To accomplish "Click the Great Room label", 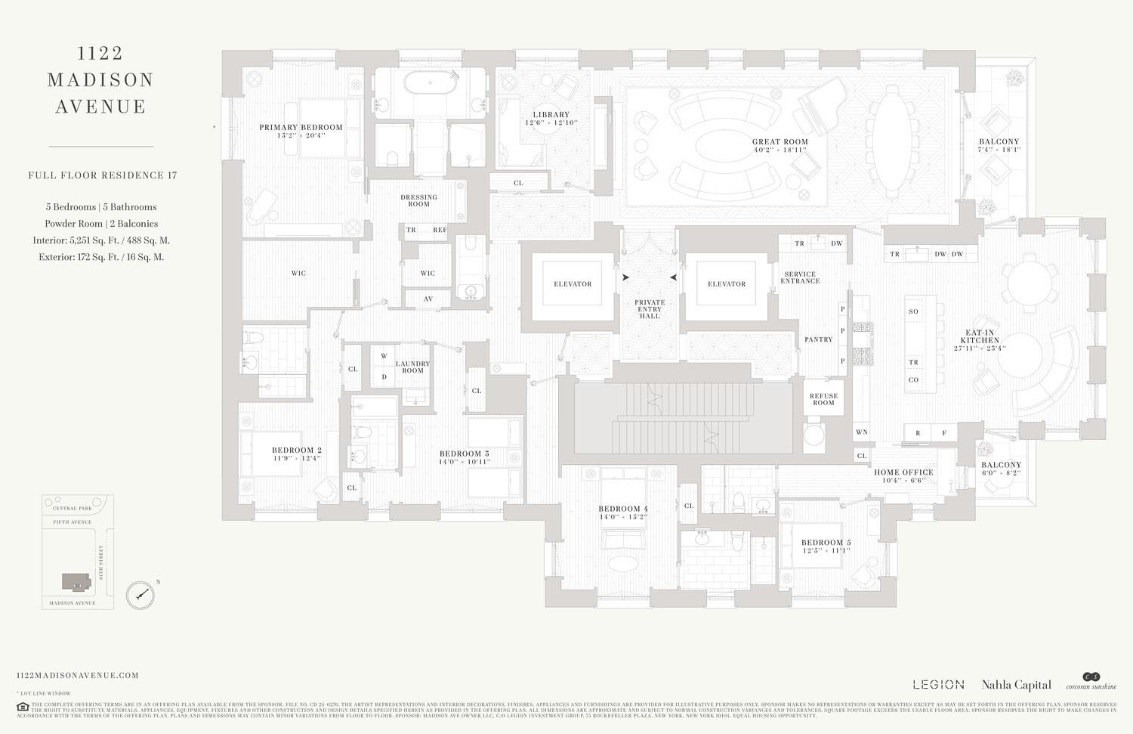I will pyautogui.click(x=780, y=142).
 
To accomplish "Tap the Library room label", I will pyautogui.click(x=551, y=115).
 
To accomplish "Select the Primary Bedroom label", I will pyautogui.click(x=301, y=128).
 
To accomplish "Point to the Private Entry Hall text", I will pyautogui.click(x=650, y=308).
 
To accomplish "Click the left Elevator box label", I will pyautogui.click(x=573, y=284).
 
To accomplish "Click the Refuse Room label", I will pyautogui.click(x=823, y=399).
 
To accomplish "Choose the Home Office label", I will pyautogui.click(x=903, y=472).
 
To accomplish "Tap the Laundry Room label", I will pyautogui.click(x=412, y=367).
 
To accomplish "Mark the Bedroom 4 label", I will pyautogui.click(x=623, y=509).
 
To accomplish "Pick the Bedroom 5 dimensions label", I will pyautogui.click(x=826, y=551).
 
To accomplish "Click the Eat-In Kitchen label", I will pyautogui.click(x=980, y=336).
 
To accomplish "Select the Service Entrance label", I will pyautogui.click(x=800, y=277).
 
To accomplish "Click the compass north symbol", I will pyautogui.click(x=140, y=595).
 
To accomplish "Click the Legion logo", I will pyautogui.click(x=938, y=685).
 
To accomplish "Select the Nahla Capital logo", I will pyautogui.click(x=1016, y=685).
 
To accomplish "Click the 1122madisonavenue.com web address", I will pyautogui.click(x=77, y=676).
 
